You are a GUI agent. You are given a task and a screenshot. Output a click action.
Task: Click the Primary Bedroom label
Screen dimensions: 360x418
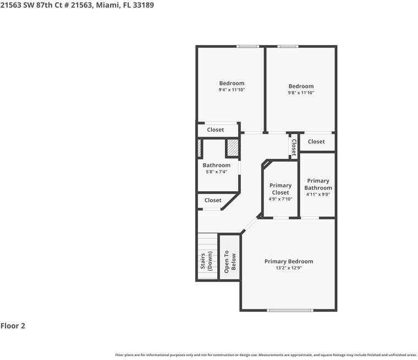[288, 262]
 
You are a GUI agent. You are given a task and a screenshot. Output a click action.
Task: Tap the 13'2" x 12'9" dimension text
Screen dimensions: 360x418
[288, 268]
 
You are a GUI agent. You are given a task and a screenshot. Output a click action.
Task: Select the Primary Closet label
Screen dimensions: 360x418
[280, 189]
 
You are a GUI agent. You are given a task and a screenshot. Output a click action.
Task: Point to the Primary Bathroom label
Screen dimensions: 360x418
[318, 184]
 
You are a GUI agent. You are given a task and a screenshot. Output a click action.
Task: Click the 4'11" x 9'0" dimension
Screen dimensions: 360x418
[318, 194]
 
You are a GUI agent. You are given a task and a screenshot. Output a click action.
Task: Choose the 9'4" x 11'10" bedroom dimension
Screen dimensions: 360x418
[232, 90]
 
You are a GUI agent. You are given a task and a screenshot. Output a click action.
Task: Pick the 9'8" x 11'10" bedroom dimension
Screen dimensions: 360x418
[301, 93]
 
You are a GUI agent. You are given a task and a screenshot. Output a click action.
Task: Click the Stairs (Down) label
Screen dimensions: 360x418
[206, 262]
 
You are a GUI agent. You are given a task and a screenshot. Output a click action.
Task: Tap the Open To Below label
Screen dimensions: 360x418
[229, 262]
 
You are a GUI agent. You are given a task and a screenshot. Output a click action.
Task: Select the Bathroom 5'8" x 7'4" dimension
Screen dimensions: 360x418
[216, 172]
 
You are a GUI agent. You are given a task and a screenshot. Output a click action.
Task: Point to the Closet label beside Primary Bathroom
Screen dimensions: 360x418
[316, 142]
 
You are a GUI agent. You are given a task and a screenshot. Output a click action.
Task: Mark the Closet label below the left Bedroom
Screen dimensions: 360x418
[216, 130]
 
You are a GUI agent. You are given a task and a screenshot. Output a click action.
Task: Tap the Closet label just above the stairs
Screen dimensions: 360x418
[213, 201]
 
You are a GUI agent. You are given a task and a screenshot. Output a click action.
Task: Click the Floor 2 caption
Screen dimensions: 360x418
[13, 326]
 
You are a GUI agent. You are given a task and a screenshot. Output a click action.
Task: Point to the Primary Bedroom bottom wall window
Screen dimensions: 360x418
[288, 311]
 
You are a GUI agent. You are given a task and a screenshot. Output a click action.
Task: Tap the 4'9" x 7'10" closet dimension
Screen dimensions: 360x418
[280, 199]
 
